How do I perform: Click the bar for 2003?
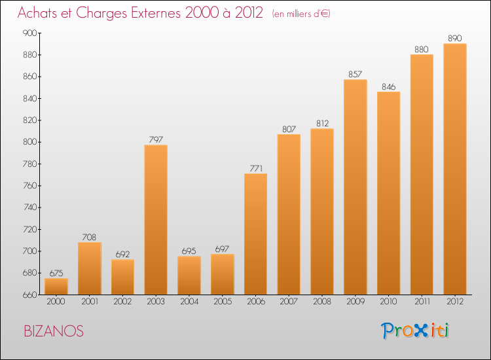point(156,219)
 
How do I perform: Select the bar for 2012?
point(455,169)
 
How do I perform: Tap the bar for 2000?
point(56,286)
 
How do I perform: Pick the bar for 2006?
point(255,234)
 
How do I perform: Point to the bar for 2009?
point(355,187)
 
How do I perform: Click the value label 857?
point(355,74)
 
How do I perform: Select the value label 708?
point(90,237)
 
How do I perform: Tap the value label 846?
point(389,86)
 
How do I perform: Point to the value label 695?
point(189,251)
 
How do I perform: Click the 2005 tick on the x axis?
point(223,302)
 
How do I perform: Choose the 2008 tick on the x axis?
point(322,302)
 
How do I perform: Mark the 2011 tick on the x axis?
point(422,302)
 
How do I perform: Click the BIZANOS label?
point(54,331)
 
